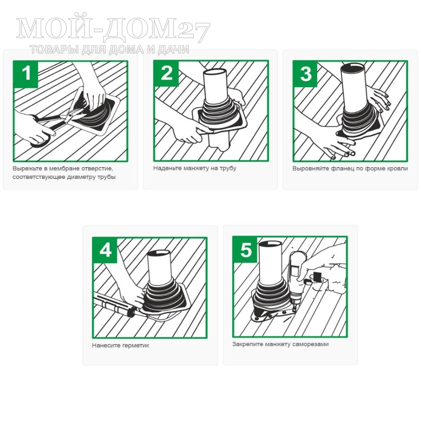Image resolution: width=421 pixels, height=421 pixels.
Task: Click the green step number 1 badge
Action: point(26,74)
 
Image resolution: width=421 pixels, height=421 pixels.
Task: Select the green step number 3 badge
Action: point(306,74)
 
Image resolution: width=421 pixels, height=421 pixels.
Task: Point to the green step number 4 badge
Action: point(105,250)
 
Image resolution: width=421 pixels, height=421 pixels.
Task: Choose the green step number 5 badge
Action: point(245,250)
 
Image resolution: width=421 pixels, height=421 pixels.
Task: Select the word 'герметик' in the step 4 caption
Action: point(135,345)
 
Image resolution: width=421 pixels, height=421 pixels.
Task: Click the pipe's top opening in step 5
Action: point(270,244)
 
